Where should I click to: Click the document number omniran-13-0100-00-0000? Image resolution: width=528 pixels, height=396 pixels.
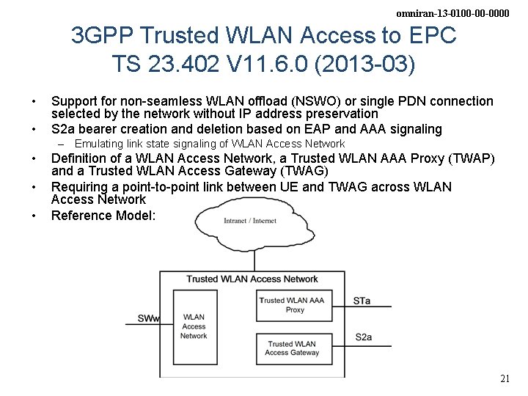point(452,13)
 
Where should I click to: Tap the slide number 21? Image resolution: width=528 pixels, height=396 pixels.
point(504,379)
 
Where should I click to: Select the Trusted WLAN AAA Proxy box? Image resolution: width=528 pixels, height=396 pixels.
point(291,305)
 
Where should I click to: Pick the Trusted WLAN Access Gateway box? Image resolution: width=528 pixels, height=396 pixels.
point(291,348)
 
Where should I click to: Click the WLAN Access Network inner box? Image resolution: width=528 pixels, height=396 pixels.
point(194,326)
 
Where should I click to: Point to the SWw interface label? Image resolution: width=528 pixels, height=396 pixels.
point(147,319)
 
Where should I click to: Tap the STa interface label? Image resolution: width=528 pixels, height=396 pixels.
point(362,301)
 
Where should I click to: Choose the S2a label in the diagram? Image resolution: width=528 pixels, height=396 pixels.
point(363,337)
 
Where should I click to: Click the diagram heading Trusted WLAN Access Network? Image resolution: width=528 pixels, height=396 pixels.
point(252,279)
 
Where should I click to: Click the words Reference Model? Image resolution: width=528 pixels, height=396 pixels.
point(103,216)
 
